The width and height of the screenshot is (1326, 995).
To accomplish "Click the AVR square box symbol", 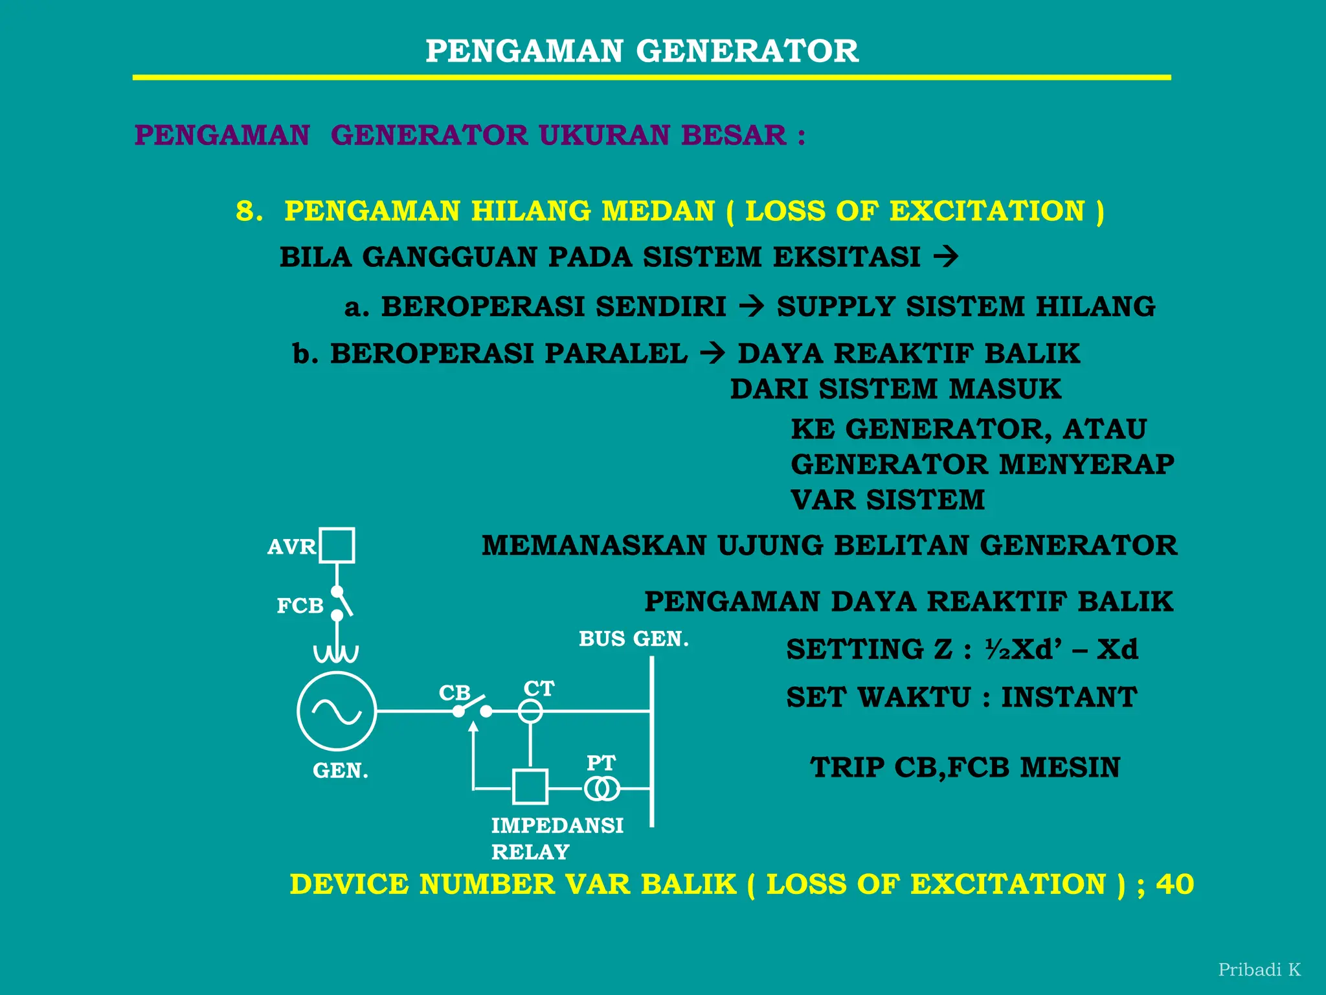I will pyautogui.click(x=337, y=545).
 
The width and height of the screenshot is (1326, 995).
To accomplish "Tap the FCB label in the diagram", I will pyautogui.click(x=300, y=606).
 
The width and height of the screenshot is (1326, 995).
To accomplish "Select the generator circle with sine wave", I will pyautogui.click(x=337, y=711).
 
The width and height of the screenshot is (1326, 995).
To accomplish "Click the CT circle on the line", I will pyautogui.click(x=530, y=711).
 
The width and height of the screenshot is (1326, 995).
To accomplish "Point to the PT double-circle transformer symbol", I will pyautogui.click(x=601, y=789).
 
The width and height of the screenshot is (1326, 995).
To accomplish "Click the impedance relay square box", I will pyautogui.click(x=530, y=786).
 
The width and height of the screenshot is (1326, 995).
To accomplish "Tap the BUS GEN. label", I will pyautogui.click(x=633, y=639).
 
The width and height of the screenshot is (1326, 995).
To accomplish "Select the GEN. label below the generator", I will pyautogui.click(x=341, y=771).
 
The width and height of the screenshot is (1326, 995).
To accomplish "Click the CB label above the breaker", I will pyautogui.click(x=455, y=692).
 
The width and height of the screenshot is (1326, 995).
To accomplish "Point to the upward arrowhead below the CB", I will pyautogui.click(x=473, y=727).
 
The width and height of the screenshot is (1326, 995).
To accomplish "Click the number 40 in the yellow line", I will pyautogui.click(x=1174, y=885).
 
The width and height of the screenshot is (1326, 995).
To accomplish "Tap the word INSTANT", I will pyautogui.click(x=1069, y=698).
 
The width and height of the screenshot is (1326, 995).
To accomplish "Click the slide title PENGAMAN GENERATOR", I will pyautogui.click(x=642, y=51).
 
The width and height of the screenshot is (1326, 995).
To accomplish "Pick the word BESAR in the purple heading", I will pyautogui.click(x=734, y=135).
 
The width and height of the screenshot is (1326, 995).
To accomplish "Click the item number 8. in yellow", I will pyautogui.click(x=249, y=211).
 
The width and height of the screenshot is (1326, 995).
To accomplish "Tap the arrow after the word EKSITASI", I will pyautogui.click(x=946, y=257).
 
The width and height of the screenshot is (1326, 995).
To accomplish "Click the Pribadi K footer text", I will pyautogui.click(x=1259, y=970).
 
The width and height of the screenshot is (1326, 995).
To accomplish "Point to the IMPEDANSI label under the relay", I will pyautogui.click(x=557, y=826).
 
